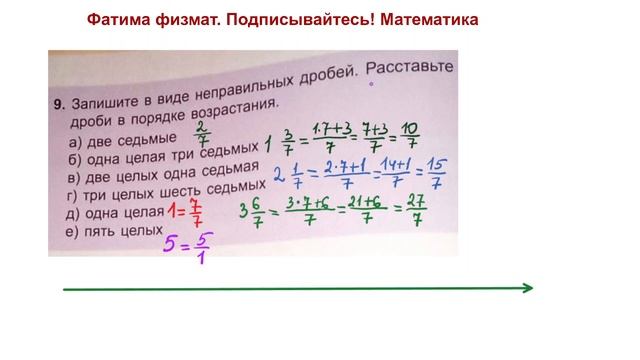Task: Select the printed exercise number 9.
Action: (59, 102)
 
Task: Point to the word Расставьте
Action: (407, 68)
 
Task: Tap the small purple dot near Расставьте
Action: (371, 85)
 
